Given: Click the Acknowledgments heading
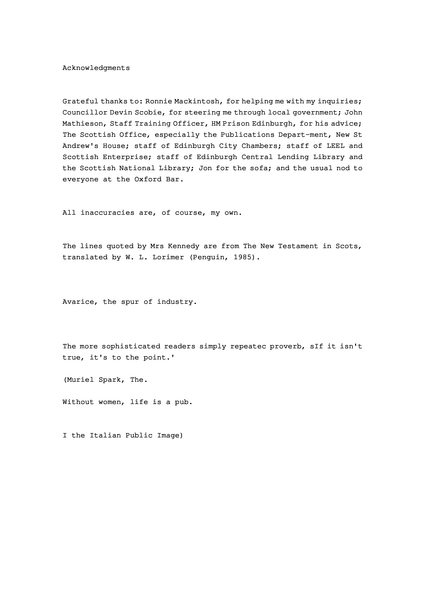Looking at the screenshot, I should (x=96, y=68).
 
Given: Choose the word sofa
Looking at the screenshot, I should (x=258, y=168).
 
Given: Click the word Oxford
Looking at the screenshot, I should (x=148, y=179).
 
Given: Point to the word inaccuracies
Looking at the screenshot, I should (x=107, y=213).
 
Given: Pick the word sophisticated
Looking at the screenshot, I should (x=131, y=346).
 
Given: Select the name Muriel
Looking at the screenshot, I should (x=80, y=380).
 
